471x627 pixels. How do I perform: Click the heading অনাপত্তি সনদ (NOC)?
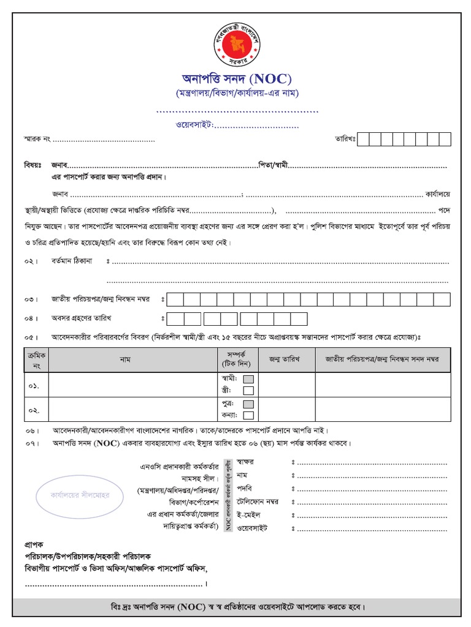pos(236,79)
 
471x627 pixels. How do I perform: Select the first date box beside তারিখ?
pos(363,139)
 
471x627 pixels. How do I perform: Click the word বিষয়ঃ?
pos(33,165)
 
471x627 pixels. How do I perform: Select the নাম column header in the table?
pos(125,360)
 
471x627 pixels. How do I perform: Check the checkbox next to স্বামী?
pos(248,379)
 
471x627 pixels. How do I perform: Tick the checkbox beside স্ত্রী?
pos(248,391)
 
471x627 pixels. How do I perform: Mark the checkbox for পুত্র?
pos(248,405)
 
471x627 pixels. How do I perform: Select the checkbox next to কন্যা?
pos(248,416)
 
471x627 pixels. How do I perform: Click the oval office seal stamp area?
pos(71,492)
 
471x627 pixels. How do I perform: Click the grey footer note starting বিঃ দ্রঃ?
pos(236,607)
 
